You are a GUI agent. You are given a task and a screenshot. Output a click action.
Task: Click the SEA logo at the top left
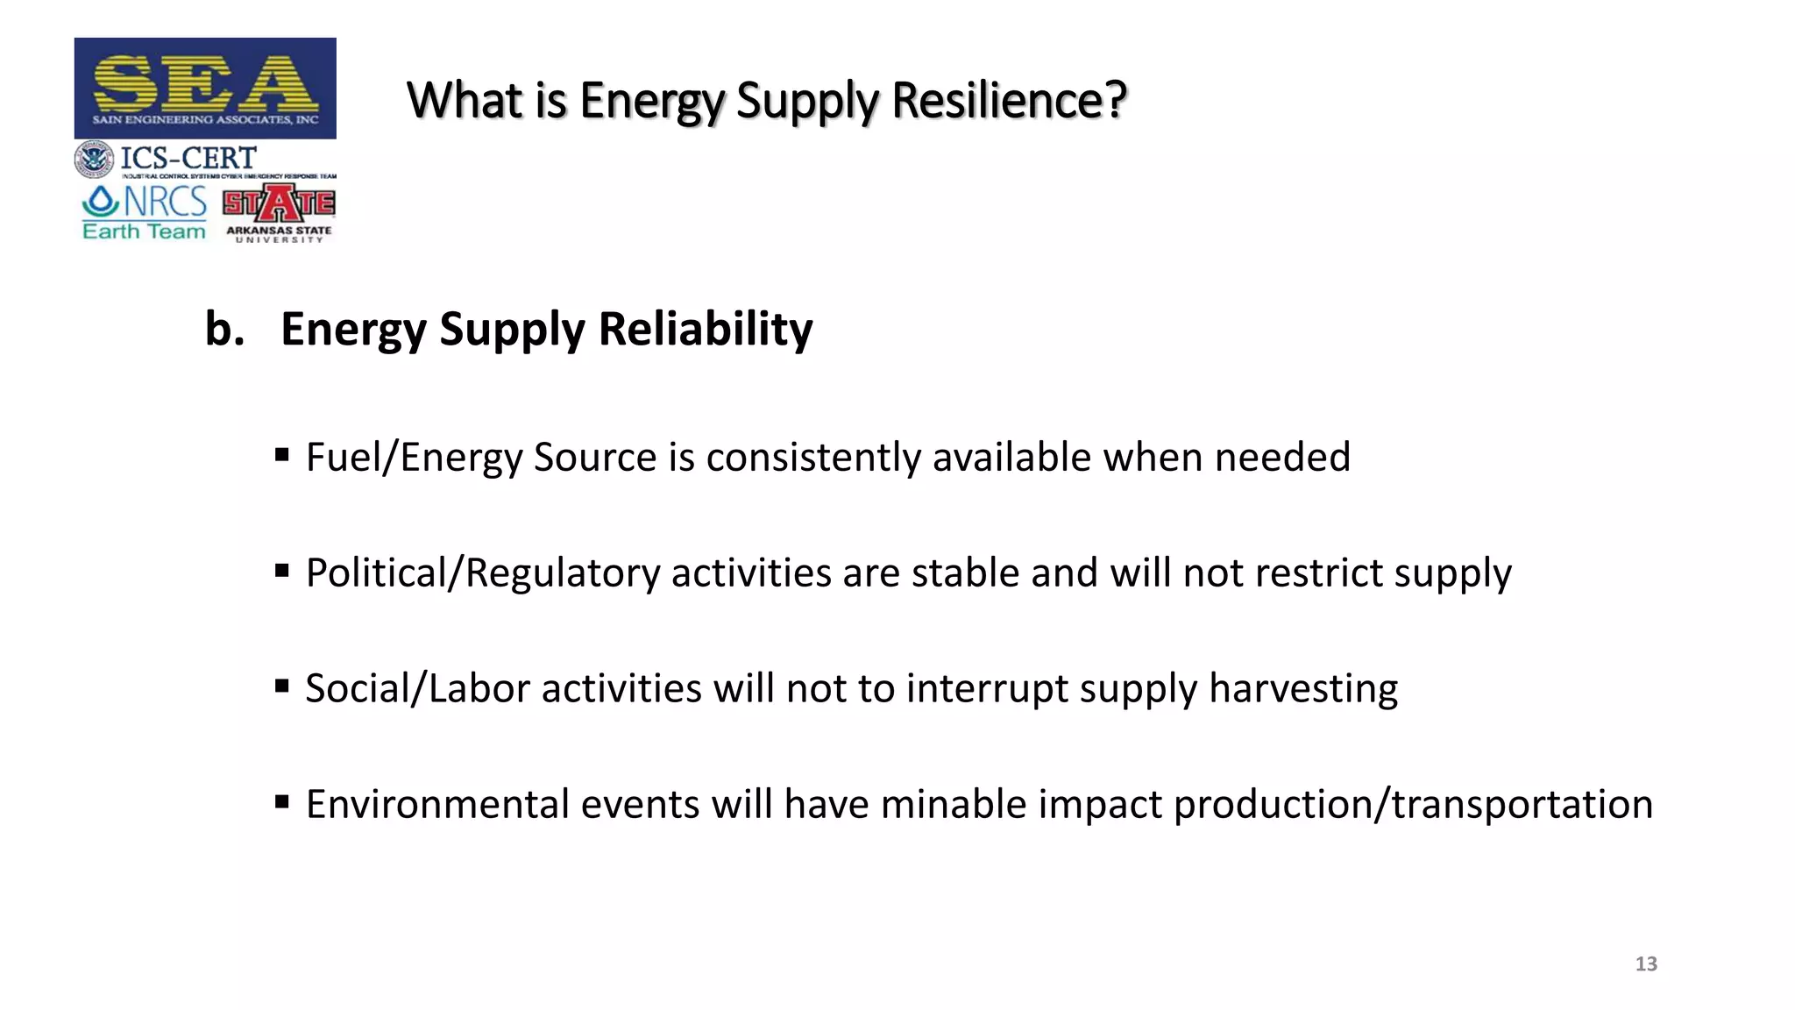(x=205, y=88)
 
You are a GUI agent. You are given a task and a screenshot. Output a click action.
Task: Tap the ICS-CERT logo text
(x=188, y=159)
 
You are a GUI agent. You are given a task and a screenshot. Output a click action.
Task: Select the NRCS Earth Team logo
(x=145, y=212)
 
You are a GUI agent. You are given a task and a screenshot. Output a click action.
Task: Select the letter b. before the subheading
(x=224, y=329)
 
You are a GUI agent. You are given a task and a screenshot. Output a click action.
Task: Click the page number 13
(x=1646, y=964)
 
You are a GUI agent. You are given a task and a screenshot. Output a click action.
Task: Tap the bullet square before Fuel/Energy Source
(x=282, y=455)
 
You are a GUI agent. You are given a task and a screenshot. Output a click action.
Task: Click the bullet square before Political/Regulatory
(x=282, y=571)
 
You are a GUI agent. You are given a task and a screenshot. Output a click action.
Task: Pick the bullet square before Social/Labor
(x=282, y=686)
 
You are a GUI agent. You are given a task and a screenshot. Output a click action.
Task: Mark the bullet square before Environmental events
(x=282, y=801)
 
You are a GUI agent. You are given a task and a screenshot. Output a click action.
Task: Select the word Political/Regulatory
(x=483, y=573)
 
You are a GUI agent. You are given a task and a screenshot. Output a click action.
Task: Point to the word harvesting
(x=1303, y=689)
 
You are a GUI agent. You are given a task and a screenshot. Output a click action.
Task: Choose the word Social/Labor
(x=417, y=689)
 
